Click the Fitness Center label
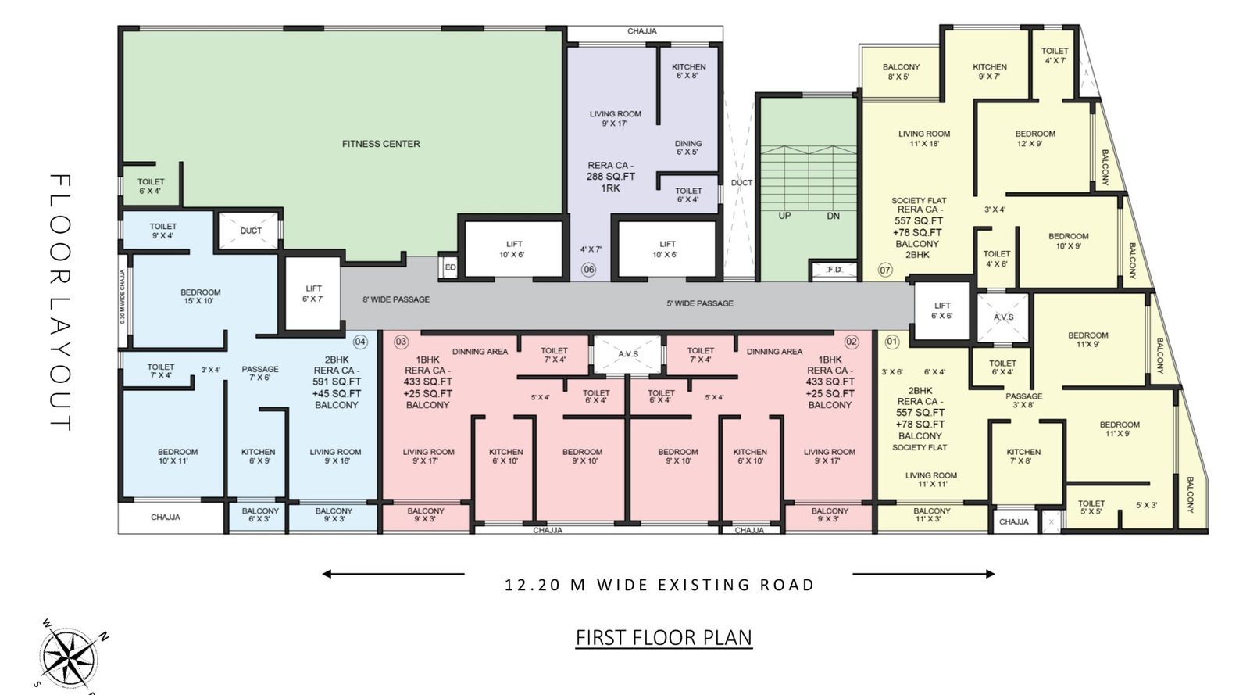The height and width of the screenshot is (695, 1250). coord(380,144)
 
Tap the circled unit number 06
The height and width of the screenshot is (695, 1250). coord(588,270)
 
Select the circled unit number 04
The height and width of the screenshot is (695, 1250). coord(360,342)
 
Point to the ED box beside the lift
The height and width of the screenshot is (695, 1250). coord(450,267)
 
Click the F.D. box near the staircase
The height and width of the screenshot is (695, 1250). coord(834,270)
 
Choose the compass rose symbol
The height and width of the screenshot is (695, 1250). coord(69,653)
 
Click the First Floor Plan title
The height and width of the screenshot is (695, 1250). coord(663,638)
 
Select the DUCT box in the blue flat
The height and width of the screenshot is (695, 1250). coord(251,231)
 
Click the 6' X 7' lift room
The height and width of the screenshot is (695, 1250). coord(313,294)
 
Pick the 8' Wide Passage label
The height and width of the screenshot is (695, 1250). coord(395,299)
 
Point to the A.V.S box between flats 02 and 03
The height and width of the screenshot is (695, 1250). coord(628,354)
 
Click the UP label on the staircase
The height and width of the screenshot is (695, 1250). coord(784,216)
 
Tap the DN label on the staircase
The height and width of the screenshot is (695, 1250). coord(833,216)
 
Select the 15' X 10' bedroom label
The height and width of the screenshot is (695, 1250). coord(200,296)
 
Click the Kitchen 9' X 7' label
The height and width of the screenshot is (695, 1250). coord(989,71)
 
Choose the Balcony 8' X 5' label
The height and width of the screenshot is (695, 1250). coord(901,71)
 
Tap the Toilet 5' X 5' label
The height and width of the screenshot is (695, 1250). coord(1091,507)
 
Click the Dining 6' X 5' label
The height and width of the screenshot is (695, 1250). coord(688,147)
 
